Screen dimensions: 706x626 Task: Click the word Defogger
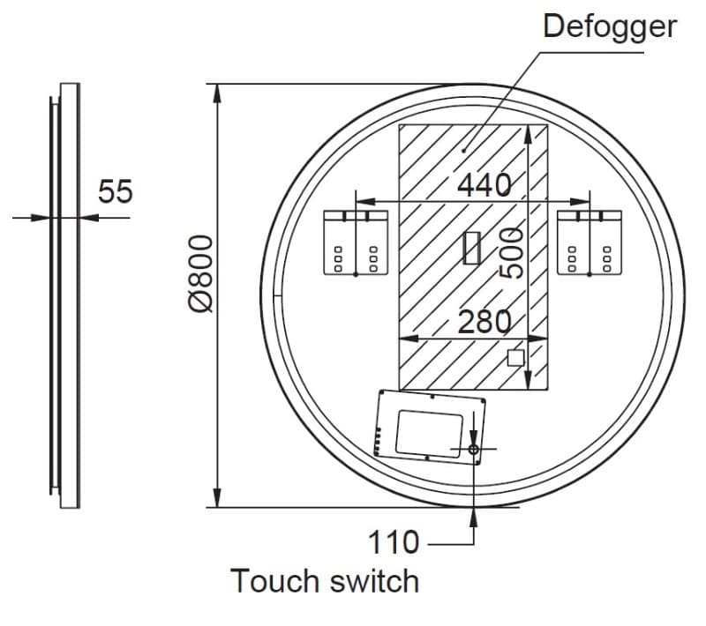coord(610,27)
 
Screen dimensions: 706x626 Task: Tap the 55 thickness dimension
coord(116,191)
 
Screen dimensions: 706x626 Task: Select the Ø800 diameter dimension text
coord(200,273)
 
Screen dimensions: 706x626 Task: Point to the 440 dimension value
coord(484,185)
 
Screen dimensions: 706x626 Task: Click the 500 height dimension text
coord(512,253)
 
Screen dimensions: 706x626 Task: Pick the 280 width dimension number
coord(484,322)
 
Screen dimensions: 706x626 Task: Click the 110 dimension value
coord(394,542)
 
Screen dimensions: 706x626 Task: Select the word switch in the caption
coord(374,581)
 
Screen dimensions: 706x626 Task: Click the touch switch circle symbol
coord(473,449)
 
